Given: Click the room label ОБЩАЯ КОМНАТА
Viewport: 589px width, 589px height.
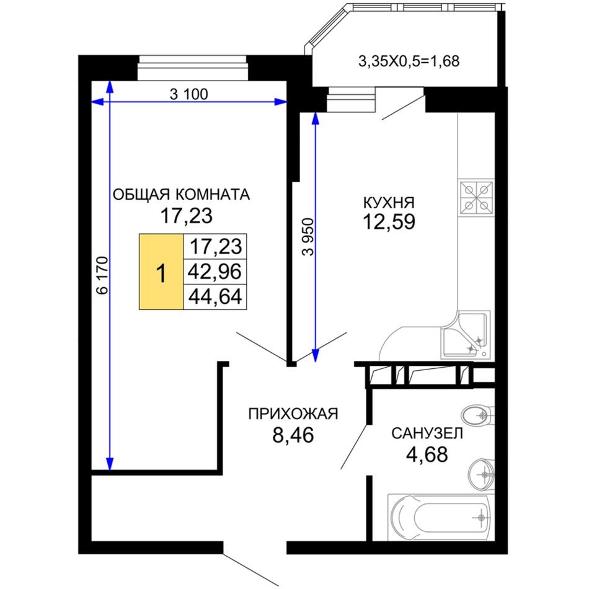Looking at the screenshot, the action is point(182,195).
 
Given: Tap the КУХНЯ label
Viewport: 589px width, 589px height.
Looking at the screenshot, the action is point(389,203).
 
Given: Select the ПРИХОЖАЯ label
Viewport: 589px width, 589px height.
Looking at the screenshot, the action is point(293,414).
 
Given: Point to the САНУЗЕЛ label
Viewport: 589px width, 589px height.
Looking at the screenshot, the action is point(427,433).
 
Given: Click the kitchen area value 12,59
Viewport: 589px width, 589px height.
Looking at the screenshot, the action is point(389,221).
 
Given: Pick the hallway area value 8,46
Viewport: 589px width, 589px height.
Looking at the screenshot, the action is point(293,435).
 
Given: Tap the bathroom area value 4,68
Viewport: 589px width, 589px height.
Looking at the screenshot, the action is point(427,454).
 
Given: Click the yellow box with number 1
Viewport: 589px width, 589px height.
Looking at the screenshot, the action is point(161,272).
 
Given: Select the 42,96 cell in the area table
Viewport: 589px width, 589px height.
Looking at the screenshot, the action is point(215,272).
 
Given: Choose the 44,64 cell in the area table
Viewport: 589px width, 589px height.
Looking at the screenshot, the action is point(215,297).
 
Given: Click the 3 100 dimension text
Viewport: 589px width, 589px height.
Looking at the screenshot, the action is point(188,94).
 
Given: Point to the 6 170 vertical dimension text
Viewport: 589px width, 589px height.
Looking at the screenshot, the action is point(102,275).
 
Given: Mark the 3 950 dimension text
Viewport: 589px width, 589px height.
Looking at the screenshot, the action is point(308,237).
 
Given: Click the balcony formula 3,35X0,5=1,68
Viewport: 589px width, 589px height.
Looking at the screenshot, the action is point(409,61).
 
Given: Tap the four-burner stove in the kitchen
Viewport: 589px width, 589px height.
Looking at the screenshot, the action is point(477,198).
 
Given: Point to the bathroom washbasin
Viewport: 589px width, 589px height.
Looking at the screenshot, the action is point(481,474).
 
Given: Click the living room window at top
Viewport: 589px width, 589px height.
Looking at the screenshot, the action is point(193,68).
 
